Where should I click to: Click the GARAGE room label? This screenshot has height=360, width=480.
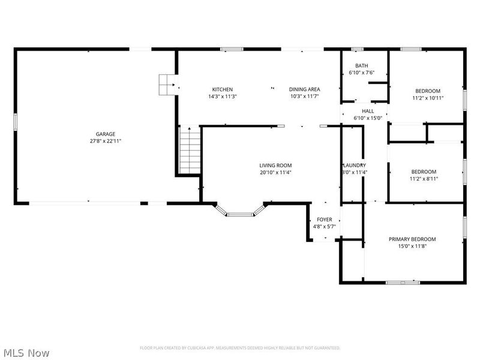106,134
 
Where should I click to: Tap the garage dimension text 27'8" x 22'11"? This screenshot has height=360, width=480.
106,141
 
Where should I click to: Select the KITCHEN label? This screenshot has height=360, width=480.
222,89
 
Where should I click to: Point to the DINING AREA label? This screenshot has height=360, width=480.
304,89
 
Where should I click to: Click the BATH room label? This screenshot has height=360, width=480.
361,66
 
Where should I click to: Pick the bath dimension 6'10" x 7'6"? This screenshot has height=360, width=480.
361,73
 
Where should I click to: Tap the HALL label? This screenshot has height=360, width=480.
368,111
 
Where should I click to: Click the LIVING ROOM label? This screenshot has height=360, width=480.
275,165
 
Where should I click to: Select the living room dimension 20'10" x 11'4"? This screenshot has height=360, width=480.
275,172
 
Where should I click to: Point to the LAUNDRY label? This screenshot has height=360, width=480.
354,165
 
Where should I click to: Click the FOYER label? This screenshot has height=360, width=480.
325,220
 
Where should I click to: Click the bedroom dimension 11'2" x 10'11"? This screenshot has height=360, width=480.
427,98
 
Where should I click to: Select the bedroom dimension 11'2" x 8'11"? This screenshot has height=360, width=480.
427,178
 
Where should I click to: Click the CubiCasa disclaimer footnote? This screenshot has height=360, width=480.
240,347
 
